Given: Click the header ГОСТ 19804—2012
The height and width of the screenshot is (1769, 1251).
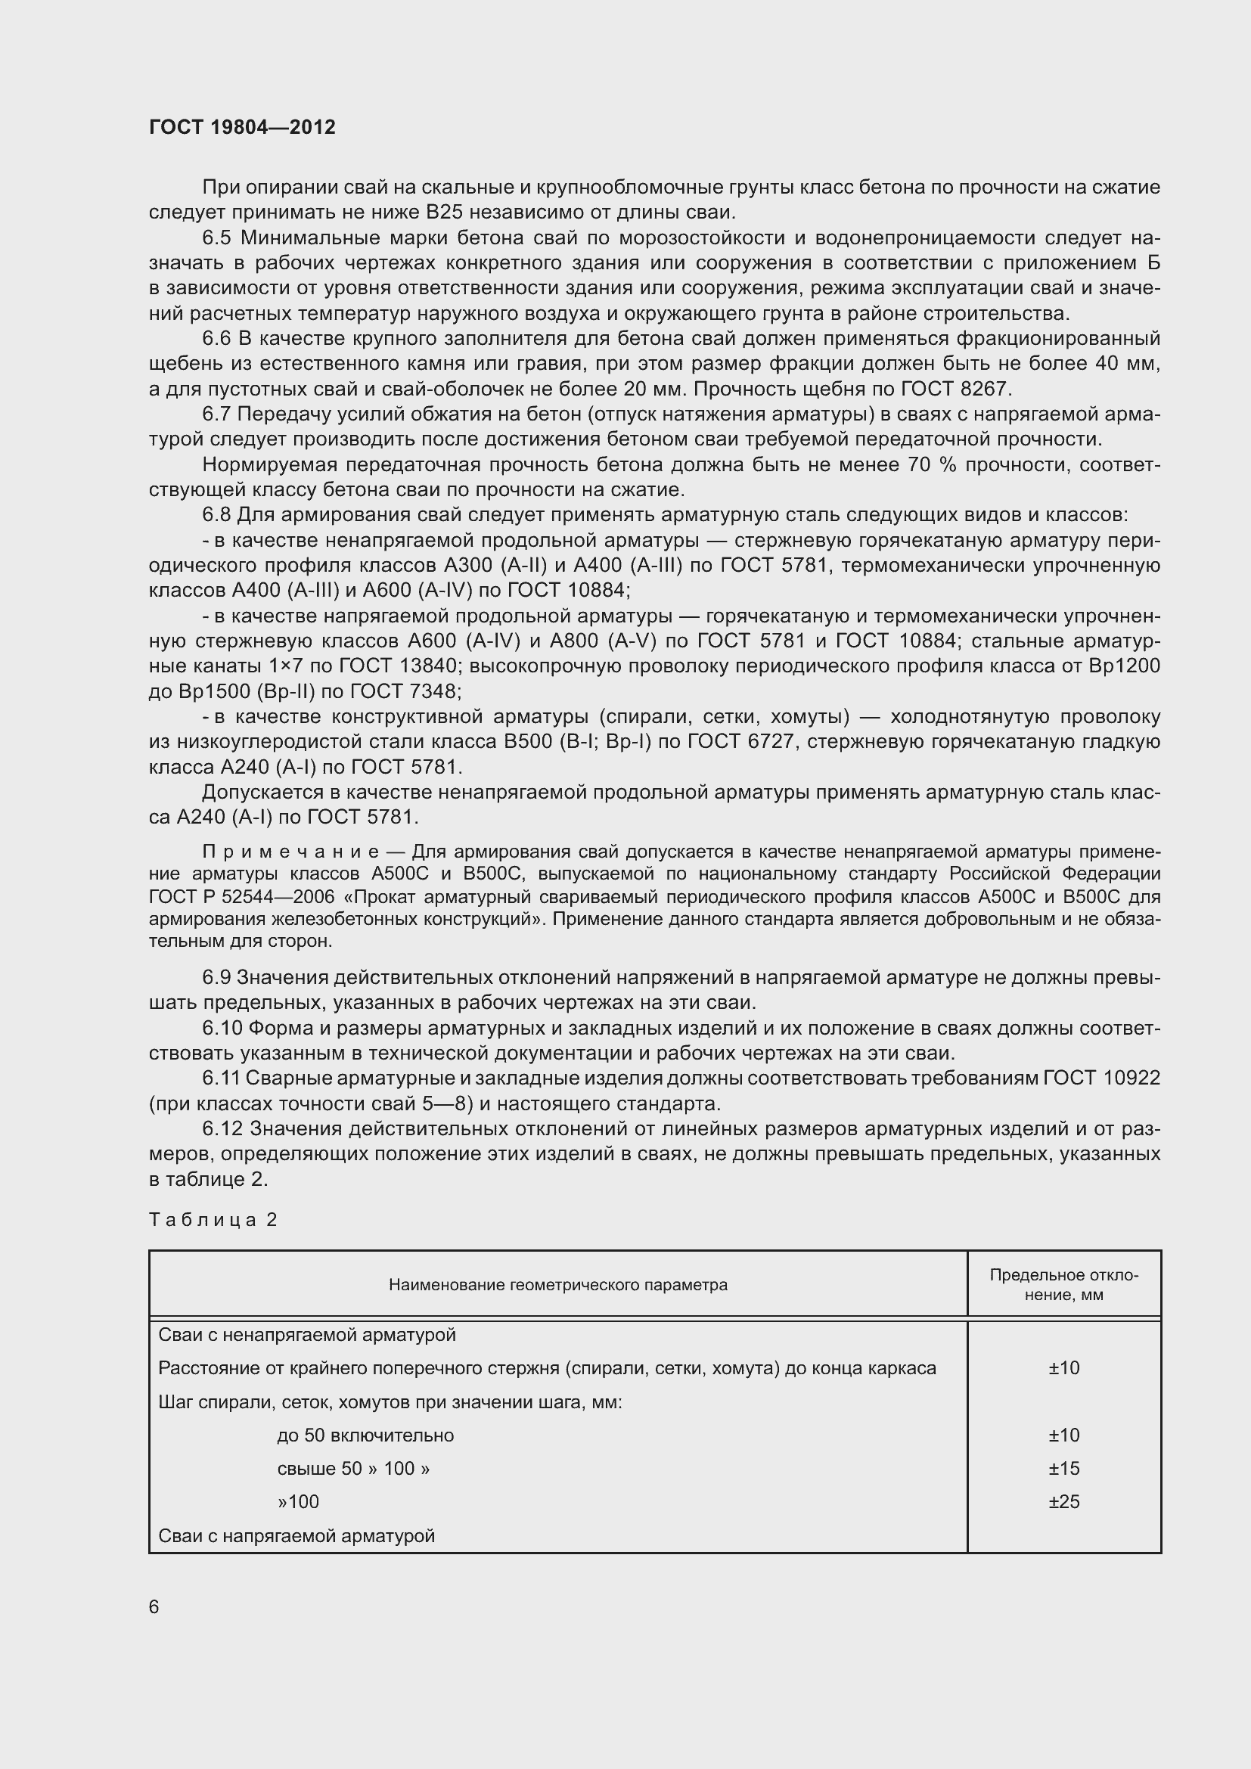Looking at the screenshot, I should [x=242, y=127].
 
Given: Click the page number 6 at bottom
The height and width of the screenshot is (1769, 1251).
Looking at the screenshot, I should [x=154, y=1606].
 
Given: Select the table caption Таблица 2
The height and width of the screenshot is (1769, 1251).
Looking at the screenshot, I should [x=213, y=1220].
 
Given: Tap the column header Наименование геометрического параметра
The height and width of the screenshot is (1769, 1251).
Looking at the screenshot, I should [x=557, y=1284].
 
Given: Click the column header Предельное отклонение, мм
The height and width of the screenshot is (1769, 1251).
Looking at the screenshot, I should [x=1064, y=1284].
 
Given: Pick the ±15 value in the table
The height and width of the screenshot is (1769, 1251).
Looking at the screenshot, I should [x=1064, y=1469].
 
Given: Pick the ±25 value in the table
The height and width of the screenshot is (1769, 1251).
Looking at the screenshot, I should [x=1064, y=1502].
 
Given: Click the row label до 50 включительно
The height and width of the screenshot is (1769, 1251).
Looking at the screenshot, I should [x=365, y=1435].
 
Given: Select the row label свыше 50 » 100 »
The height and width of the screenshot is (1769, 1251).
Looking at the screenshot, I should [x=352, y=1469].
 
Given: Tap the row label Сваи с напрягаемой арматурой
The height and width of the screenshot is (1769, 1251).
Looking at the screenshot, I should [x=296, y=1536].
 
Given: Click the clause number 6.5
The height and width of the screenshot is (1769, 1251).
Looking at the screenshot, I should [x=216, y=238].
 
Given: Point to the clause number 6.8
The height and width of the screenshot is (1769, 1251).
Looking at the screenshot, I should [x=216, y=515].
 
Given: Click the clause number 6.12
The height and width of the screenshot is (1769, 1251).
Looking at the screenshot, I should [x=222, y=1128].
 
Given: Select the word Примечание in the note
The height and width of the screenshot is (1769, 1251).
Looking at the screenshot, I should [x=290, y=852].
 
